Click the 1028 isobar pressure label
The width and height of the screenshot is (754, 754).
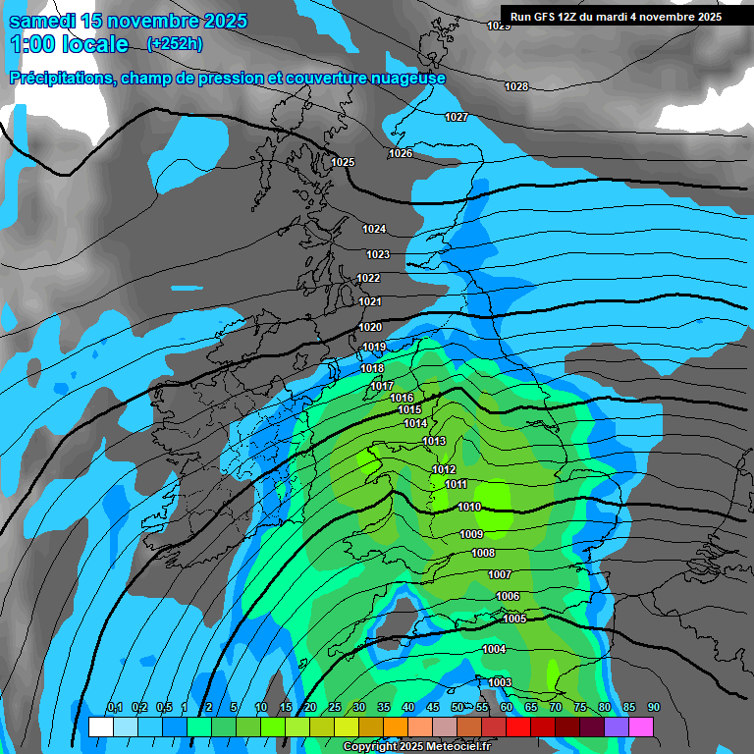click(516, 86)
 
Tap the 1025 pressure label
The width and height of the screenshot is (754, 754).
click(343, 162)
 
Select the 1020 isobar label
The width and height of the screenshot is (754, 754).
click(370, 327)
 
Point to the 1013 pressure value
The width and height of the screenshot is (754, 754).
click(435, 441)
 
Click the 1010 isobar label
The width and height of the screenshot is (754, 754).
click(469, 507)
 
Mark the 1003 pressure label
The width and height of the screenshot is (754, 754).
click(500, 682)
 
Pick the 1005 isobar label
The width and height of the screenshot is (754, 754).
click(514, 619)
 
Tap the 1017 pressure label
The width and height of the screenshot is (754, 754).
click(382, 386)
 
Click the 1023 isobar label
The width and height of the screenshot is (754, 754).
click(378, 254)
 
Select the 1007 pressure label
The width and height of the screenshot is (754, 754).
click(500, 574)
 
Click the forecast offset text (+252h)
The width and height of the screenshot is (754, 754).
click(175, 43)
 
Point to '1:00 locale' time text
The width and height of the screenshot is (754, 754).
click(69, 44)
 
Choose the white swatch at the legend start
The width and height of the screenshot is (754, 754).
click(100, 727)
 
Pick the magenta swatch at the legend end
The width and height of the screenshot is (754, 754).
click(641, 727)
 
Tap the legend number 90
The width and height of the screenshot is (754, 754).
click(653, 708)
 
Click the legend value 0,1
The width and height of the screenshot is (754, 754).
click(114, 708)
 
